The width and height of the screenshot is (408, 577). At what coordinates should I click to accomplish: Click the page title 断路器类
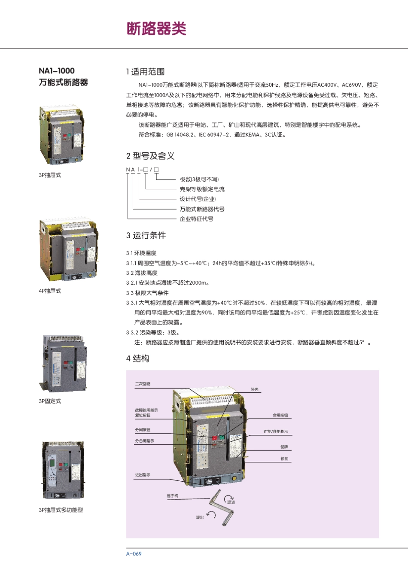[156, 29]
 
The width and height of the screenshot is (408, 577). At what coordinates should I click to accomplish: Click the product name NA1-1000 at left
[57, 71]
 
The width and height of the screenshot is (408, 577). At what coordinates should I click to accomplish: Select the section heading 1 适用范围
[145, 72]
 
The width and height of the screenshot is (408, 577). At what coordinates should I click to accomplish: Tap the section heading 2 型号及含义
[150, 156]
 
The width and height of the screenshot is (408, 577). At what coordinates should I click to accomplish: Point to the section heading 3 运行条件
[146, 235]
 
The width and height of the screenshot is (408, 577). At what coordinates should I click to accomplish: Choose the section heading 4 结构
[137, 358]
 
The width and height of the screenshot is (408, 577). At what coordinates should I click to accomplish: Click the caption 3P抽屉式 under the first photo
[50, 175]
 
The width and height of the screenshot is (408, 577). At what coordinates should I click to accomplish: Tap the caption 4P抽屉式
[50, 291]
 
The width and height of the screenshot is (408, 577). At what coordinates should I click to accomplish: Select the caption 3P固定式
[50, 401]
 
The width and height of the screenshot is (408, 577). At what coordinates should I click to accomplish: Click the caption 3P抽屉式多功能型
[61, 510]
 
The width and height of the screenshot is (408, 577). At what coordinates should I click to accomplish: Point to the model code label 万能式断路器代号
[202, 209]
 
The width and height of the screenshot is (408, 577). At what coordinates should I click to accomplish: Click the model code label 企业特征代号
[196, 219]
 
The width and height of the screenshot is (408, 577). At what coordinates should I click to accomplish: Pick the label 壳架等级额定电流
[202, 189]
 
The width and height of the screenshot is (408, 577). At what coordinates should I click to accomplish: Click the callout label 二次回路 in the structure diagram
[143, 384]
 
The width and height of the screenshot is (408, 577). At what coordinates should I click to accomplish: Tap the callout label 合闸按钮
[280, 416]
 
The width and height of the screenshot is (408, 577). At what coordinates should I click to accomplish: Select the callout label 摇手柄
[173, 496]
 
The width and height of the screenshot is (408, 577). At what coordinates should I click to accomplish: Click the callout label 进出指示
[143, 475]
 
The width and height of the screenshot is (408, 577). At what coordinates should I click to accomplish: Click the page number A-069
[134, 554]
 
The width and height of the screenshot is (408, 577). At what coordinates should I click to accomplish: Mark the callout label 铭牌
[284, 447]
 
